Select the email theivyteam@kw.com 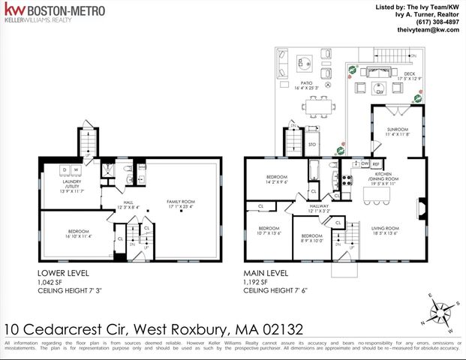(x=428, y=30)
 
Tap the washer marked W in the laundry (x=75, y=169)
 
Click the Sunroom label (x=397, y=130)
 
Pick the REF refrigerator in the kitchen (x=375, y=163)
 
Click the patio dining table (x=318, y=108)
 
